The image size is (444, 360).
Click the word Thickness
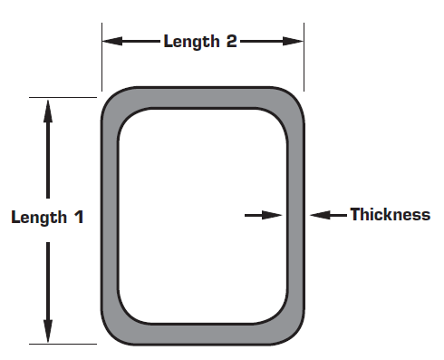(391, 215)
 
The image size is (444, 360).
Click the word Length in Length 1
(39, 218)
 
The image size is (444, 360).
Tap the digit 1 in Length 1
(79, 217)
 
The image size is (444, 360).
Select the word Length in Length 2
(191, 42)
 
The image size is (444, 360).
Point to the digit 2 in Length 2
(232, 41)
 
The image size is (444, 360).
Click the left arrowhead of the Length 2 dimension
(112, 41)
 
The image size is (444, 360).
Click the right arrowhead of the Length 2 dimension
(293, 41)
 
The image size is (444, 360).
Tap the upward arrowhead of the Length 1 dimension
(48, 112)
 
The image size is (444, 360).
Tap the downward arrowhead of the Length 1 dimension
(48, 331)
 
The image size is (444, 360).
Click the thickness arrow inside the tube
(264, 215)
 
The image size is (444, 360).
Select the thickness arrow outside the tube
(328, 215)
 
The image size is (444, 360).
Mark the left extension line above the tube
(101, 56)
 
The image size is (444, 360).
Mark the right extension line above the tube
(304, 56)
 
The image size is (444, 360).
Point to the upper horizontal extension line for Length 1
(63, 97)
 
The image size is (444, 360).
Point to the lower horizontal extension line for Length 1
(63, 344)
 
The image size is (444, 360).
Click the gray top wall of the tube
(202, 97)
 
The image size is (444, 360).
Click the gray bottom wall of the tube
(202, 334)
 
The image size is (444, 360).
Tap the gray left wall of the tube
(110, 215)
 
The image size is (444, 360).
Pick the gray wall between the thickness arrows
(296, 215)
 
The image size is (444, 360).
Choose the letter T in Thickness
(355, 215)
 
